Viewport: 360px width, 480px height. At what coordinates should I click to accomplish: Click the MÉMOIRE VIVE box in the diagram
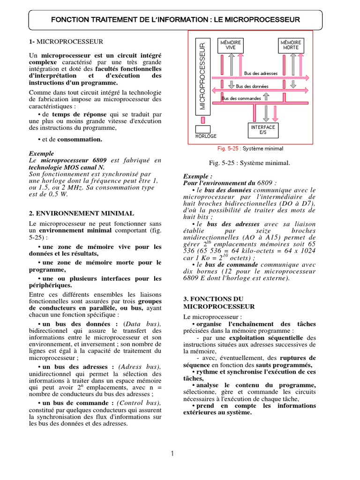231,45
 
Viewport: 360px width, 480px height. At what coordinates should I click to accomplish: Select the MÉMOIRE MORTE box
291,45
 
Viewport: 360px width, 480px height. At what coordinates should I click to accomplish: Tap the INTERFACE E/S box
263,130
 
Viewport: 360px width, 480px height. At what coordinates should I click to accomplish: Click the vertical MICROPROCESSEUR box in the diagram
202,75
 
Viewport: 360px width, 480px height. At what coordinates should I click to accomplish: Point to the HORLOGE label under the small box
206,136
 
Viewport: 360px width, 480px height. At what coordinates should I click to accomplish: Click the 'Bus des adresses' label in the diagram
261,74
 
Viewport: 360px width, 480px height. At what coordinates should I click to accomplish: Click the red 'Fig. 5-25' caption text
229,149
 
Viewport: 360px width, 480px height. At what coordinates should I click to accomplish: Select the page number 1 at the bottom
172,453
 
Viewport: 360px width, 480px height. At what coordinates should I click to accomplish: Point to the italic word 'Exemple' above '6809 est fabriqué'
42,153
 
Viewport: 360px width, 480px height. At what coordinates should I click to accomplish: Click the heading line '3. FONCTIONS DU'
210,298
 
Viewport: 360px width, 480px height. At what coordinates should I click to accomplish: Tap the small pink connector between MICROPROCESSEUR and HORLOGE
202,120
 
